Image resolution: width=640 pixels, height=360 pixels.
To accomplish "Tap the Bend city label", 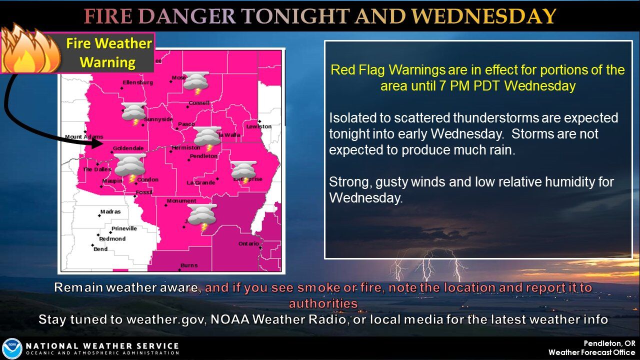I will point(100,249).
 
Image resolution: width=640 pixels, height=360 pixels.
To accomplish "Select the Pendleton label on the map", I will point(203,156).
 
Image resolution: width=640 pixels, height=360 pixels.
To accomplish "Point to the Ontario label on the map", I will point(248,243).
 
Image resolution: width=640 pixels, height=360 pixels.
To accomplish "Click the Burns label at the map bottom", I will point(189,265).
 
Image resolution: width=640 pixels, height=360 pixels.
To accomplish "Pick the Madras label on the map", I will point(110,211).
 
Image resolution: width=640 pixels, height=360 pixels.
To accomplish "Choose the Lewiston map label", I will point(258,126).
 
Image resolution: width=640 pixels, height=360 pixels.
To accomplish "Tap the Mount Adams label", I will point(84,137).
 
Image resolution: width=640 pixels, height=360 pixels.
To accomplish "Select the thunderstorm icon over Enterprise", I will point(243,171).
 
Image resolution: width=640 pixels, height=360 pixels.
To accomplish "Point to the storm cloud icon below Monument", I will point(201,216).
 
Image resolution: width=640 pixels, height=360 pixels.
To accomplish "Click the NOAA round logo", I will point(11,348).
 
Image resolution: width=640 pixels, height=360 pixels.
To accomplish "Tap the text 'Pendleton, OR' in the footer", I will point(609,343).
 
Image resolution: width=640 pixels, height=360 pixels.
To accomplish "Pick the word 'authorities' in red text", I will point(323,303).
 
